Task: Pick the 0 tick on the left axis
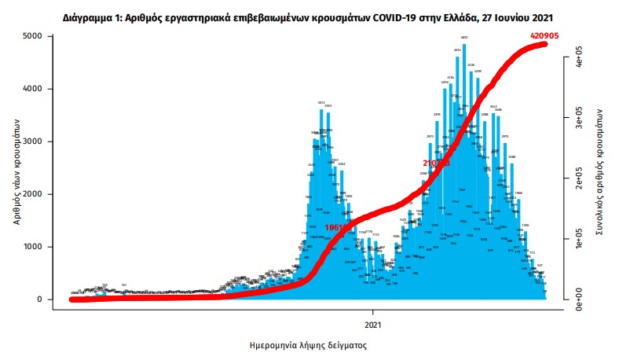click(x=38, y=299)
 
